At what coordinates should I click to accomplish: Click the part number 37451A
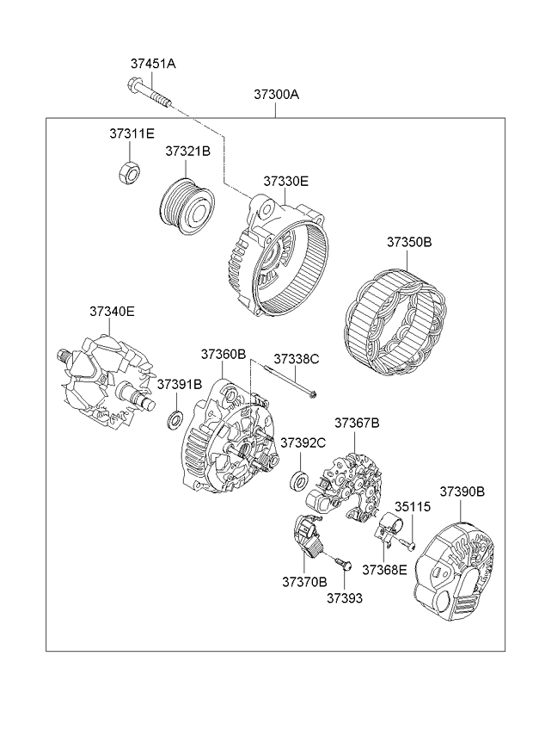coord(153,64)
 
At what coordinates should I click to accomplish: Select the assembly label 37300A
coord(276,96)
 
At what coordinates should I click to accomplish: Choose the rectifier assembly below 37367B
coord(352,477)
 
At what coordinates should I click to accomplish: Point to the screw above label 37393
coord(345,564)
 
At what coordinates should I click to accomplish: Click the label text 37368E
coord(384,569)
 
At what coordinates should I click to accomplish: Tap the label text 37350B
coord(408,242)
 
